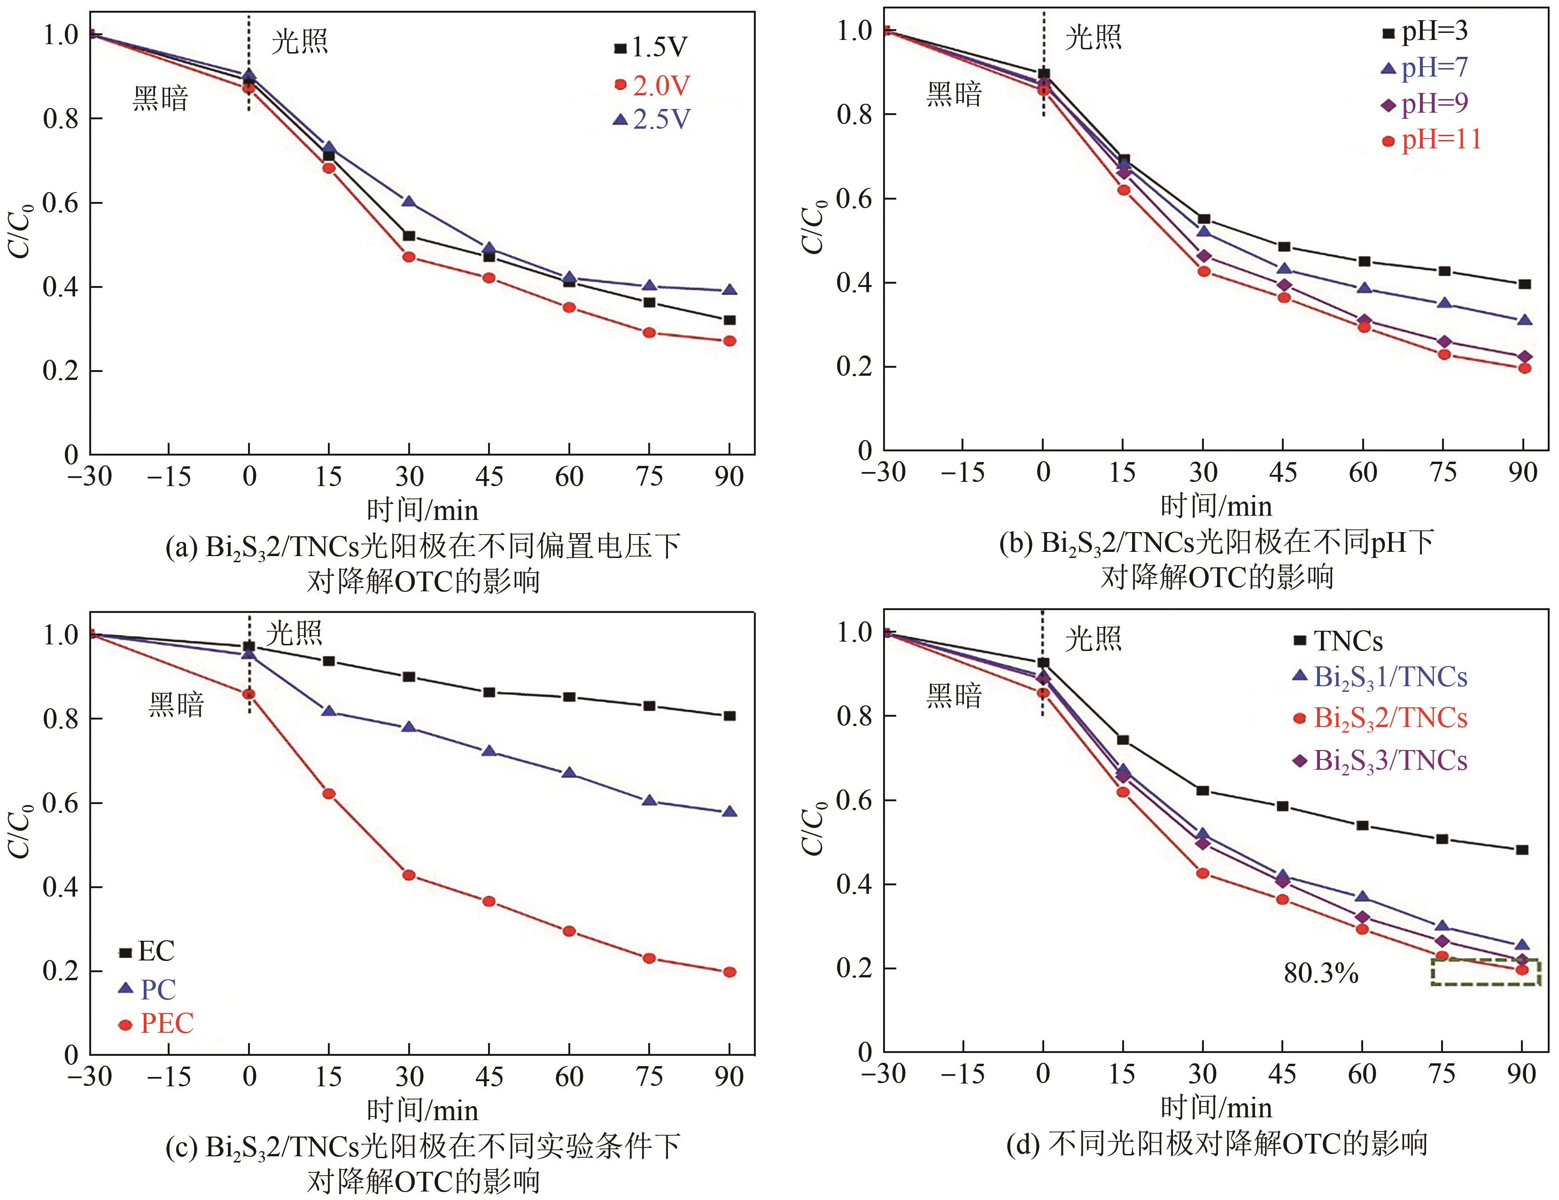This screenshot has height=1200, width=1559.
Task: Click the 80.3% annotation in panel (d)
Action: click(1320, 974)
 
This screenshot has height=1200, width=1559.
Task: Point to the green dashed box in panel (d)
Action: click(1485, 972)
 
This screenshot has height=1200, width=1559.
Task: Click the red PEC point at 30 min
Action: click(409, 875)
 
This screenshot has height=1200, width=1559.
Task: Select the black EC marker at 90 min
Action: click(729, 716)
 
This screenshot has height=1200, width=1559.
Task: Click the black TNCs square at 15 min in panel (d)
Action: click(1123, 740)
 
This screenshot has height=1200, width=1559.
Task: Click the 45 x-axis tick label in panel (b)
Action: click(1283, 472)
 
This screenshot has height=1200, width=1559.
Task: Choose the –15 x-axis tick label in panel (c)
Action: click(169, 1076)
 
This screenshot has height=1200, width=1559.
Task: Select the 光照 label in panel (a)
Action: click(300, 43)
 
